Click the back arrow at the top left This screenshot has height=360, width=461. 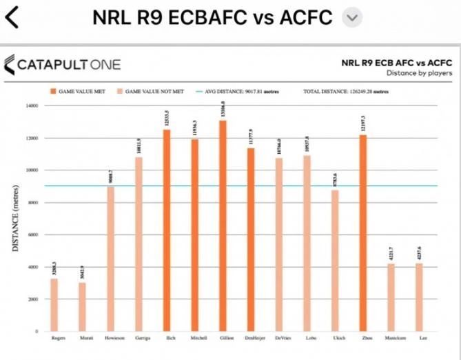(12, 17)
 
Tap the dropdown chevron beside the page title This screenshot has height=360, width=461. (352, 18)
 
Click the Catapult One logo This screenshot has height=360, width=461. (63, 65)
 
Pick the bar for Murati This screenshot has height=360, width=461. (82, 307)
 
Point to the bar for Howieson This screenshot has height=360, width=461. (110, 259)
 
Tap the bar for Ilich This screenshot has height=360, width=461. (166, 230)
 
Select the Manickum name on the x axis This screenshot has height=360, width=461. (391, 338)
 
